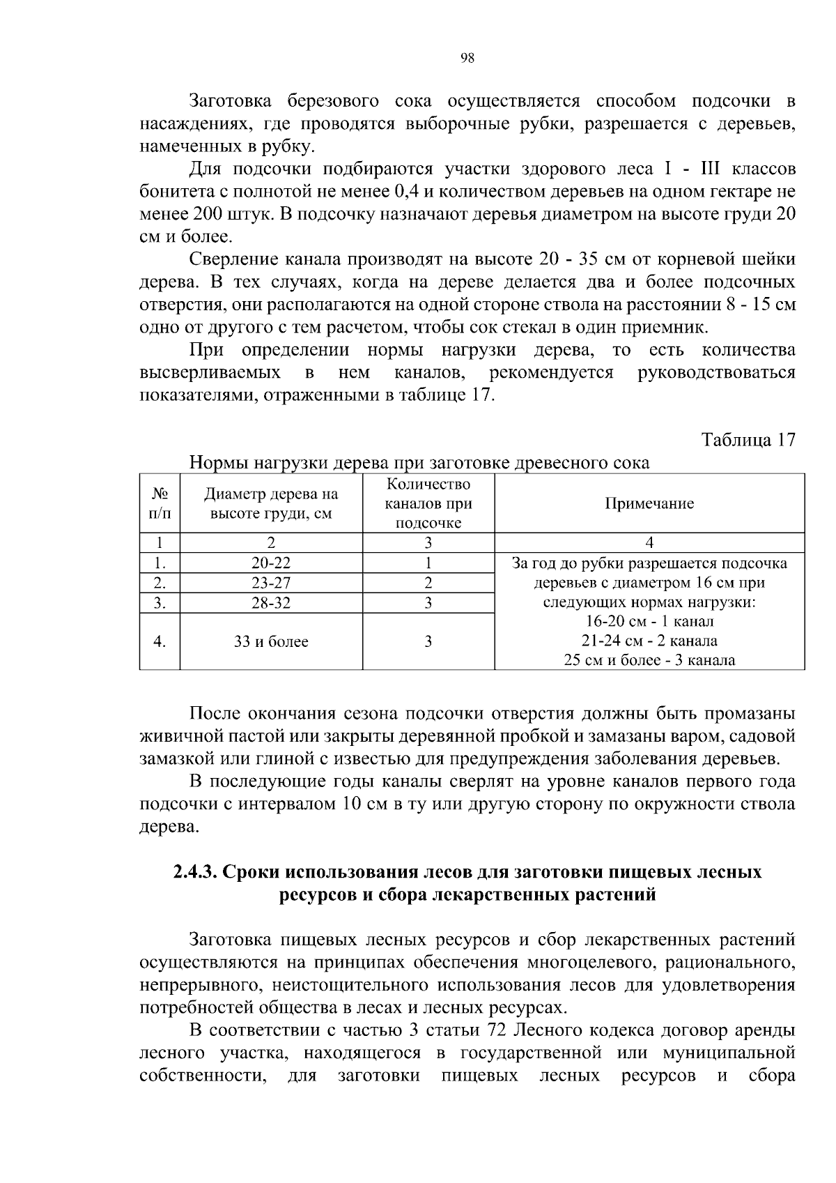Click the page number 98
click(x=467, y=59)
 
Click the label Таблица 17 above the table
click(x=748, y=441)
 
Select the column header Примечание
click(x=649, y=504)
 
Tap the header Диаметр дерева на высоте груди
click(x=271, y=504)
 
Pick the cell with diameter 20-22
click(x=271, y=563)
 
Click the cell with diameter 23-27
click(x=271, y=583)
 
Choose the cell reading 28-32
click(x=271, y=603)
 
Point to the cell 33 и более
click(x=271, y=642)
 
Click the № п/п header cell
click(x=160, y=504)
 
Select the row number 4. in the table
click(x=160, y=642)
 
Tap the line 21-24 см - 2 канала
click(x=649, y=641)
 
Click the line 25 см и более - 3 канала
click(x=649, y=660)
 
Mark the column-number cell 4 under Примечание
click(x=649, y=543)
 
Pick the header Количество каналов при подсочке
click(x=428, y=504)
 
